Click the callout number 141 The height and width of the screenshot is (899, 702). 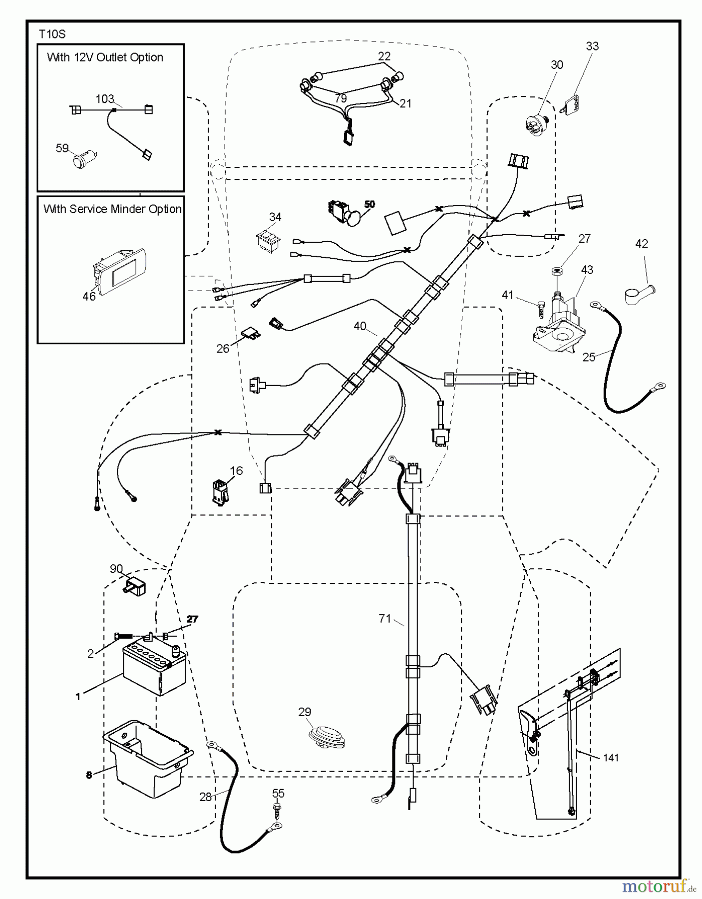point(611,758)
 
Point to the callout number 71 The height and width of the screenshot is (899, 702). point(384,619)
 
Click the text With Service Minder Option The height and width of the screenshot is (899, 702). point(112,209)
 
